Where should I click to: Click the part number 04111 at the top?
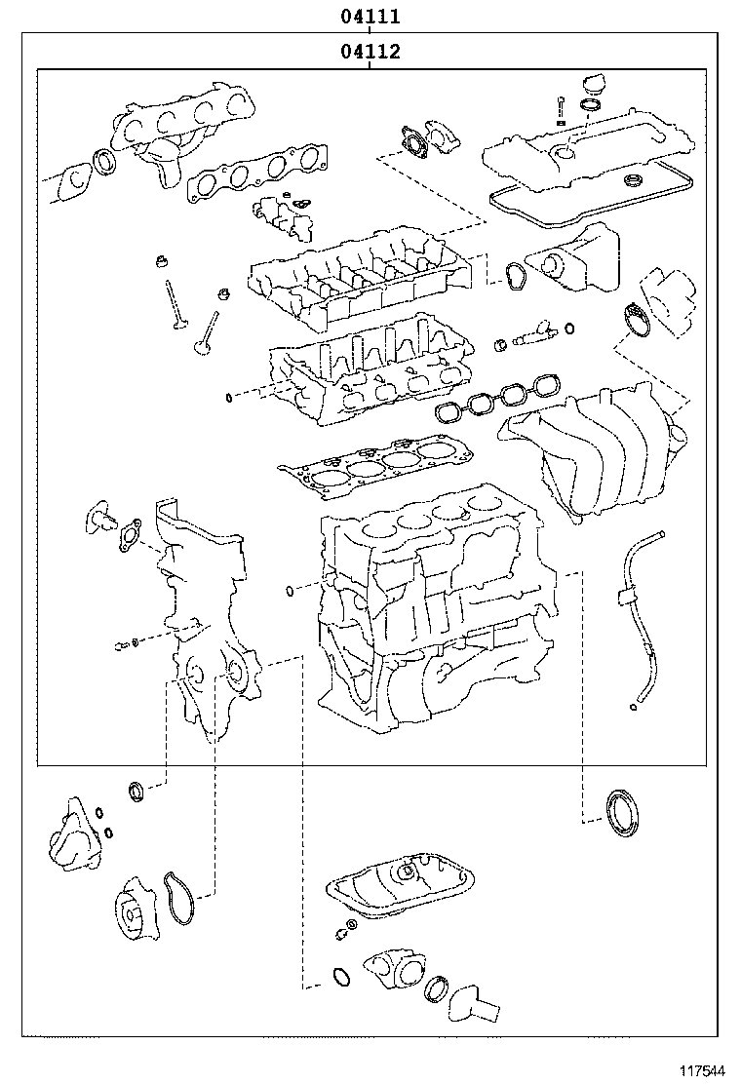(370, 17)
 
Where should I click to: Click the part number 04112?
(370, 52)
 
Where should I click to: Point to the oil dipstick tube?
(638, 624)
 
